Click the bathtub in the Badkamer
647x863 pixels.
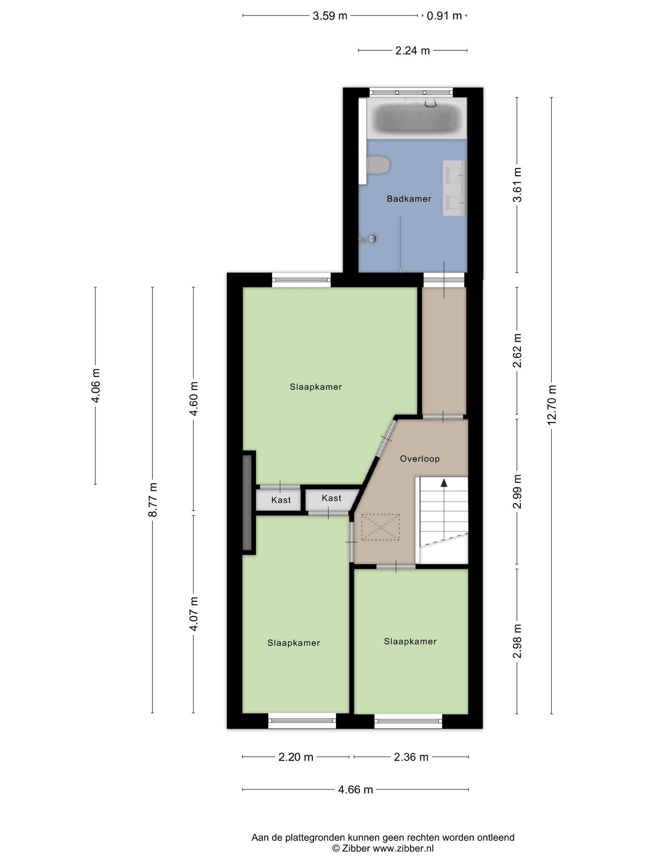(x=417, y=117)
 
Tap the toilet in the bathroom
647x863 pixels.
(x=378, y=165)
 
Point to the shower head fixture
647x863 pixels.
(x=368, y=238)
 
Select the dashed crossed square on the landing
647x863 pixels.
(x=380, y=527)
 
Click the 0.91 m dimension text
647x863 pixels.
(x=444, y=16)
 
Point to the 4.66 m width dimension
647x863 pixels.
(x=355, y=789)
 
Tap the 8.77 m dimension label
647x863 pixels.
(x=153, y=500)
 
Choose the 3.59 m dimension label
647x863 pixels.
(x=330, y=16)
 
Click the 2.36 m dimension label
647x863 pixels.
(x=411, y=757)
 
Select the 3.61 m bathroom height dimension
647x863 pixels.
(x=517, y=185)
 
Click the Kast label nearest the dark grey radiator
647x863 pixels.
(x=281, y=500)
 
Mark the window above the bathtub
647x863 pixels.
(x=411, y=92)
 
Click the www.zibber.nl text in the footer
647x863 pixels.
(x=403, y=848)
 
